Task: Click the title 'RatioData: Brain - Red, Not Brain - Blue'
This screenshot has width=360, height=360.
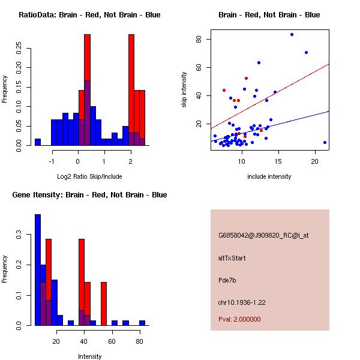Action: click(x=89, y=15)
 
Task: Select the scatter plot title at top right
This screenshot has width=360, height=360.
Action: click(x=269, y=15)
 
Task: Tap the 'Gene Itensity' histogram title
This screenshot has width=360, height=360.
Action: click(x=89, y=195)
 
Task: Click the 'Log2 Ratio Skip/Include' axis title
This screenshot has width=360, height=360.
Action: click(x=89, y=176)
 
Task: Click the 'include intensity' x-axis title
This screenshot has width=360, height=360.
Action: click(x=269, y=176)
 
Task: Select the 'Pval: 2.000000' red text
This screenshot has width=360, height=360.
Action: click(x=239, y=319)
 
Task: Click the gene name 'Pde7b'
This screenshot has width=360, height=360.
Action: click(x=227, y=280)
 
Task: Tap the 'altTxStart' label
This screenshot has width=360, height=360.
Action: click(x=232, y=258)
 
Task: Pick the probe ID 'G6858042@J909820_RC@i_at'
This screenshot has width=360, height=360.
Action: click(x=263, y=236)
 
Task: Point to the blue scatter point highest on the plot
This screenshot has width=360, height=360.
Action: click(x=292, y=34)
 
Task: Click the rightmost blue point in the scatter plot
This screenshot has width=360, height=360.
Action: click(x=325, y=142)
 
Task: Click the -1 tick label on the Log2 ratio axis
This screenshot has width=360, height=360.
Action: click(x=52, y=161)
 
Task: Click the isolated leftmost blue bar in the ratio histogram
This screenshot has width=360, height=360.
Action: click(x=37, y=142)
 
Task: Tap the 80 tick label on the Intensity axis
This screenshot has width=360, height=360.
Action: click(x=139, y=341)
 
